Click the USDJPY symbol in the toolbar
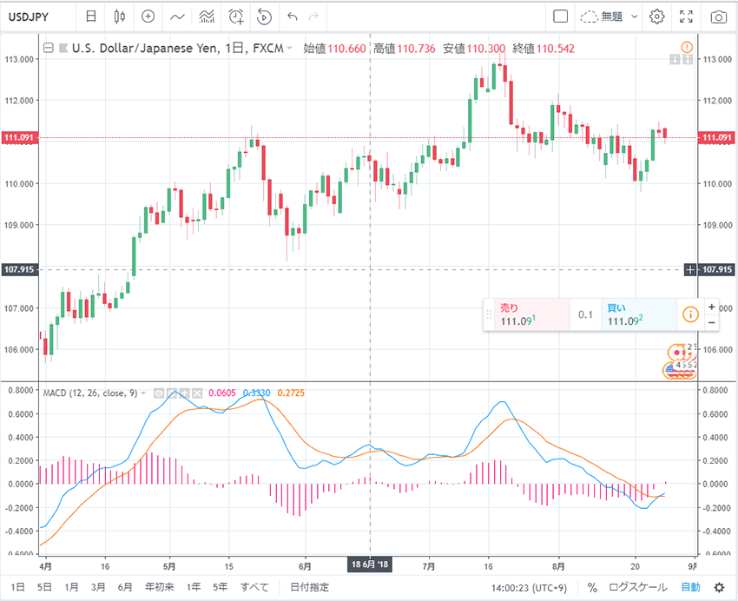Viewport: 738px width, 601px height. coord(33,17)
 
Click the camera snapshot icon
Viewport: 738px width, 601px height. coord(718,17)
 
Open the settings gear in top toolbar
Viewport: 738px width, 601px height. coord(657,17)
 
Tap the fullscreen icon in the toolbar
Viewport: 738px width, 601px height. coord(687,17)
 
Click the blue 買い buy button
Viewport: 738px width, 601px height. coord(639,314)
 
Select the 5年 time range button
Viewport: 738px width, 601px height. coord(221,587)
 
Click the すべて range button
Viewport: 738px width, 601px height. coord(254,587)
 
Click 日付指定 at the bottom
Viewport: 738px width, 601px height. coord(309,587)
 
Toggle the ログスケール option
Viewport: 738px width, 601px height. coord(639,587)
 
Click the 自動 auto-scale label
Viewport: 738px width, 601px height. coord(690,587)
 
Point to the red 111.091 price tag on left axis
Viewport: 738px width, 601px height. coord(19,138)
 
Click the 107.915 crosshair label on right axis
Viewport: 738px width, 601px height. coord(718,269)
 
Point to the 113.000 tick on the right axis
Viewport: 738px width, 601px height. coord(717,59)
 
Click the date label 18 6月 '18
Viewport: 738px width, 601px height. coord(370,565)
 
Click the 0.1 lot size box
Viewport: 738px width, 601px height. coord(586,314)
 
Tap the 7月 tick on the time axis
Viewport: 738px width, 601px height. coord(429,564)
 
